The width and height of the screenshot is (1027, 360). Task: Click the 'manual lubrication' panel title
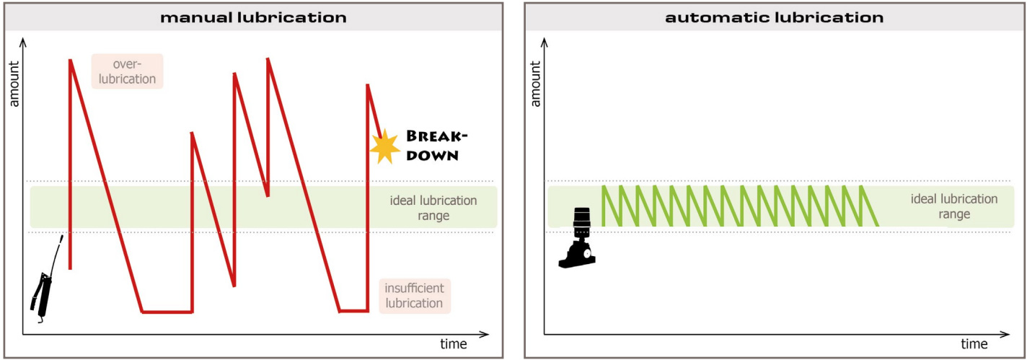(253, 17)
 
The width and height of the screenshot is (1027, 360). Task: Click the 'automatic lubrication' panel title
(775, 17)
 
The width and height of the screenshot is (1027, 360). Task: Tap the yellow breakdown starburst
(384, 146)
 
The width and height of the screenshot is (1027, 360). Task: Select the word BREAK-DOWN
(433, 145)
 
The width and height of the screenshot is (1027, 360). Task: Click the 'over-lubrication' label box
(128, 71)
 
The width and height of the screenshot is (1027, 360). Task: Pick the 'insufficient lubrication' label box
(414, 296)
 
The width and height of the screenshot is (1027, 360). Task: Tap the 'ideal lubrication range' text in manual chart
(432, 208)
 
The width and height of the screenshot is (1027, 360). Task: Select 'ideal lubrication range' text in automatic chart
(954, 206)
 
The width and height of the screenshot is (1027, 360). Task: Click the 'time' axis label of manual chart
(454, 344)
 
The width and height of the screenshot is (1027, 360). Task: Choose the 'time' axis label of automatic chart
(974, 344)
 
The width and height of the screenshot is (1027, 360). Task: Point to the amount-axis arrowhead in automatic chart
(545, 43)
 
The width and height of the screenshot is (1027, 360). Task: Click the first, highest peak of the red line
(70, 61)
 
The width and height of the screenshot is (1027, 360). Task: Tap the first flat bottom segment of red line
(167, 312)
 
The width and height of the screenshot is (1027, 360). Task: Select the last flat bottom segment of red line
(353, 311)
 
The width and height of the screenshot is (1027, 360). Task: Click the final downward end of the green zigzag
(877, 225)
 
